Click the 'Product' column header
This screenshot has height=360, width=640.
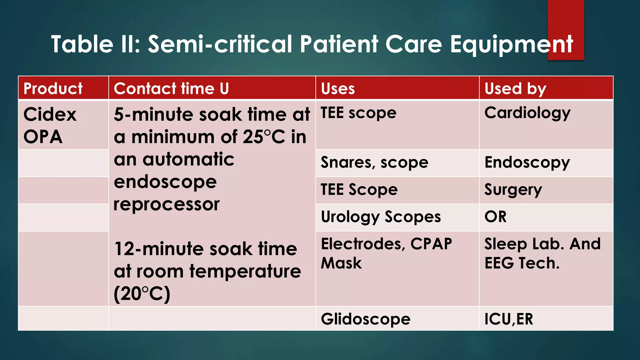tap(53, 88)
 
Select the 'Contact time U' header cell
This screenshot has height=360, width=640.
tap(171, 88)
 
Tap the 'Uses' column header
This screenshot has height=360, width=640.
tap(338, 88)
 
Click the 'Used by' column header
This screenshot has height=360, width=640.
tap(515, 88)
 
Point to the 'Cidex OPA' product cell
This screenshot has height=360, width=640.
tap(50, 125)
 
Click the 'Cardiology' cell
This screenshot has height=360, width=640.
tap(527, 113)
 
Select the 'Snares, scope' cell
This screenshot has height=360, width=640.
tap(374, 162)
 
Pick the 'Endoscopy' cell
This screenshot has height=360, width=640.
tap(527, 162)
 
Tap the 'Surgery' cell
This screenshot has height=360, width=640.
tap(513, 190)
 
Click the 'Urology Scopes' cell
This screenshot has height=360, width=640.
tap(381, 217)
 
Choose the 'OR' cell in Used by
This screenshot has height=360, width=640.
tap(495, 217)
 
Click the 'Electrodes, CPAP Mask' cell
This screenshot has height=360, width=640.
tap(386, 253)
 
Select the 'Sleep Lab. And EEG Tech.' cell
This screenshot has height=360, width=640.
tap(542, 253)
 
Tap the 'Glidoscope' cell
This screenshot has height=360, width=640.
tap(366, 319)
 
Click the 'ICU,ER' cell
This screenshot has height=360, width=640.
tap(509, 319)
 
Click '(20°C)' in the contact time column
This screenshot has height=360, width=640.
tap(142, 294)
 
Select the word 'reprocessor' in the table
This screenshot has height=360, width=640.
tap(167, 205)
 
